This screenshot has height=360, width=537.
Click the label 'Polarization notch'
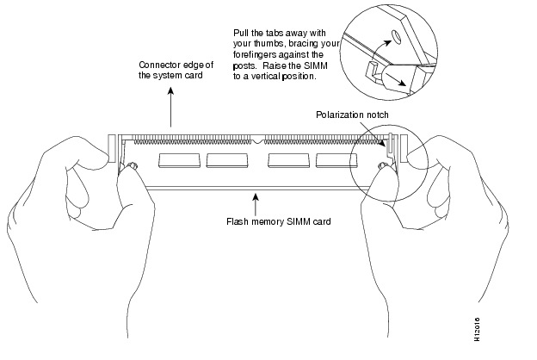[x=352, y=115]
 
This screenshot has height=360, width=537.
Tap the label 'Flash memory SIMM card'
[x=279, y=221]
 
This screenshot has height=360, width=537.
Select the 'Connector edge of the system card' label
[x=176, y=70]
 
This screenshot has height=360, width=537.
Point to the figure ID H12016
[x=477, y=329]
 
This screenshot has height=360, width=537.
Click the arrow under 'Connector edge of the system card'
[x=170, y=107]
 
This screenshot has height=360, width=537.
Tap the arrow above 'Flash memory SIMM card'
[x=255, y=205]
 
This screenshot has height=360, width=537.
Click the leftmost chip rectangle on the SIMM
[x=180, y=160]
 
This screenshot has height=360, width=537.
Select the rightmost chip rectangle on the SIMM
[x=336, y=160]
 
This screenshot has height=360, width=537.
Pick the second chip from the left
[x=226, y=160]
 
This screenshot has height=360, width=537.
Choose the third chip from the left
[x=288, y=160]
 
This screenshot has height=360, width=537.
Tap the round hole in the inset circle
[x=396, y=36]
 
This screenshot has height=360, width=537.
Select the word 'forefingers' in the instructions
[x=255, y=54]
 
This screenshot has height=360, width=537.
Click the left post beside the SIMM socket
[x=113, y=148]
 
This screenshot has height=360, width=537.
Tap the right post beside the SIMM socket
[x=404, y=148]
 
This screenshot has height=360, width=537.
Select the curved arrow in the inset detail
[x=378, y=49]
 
